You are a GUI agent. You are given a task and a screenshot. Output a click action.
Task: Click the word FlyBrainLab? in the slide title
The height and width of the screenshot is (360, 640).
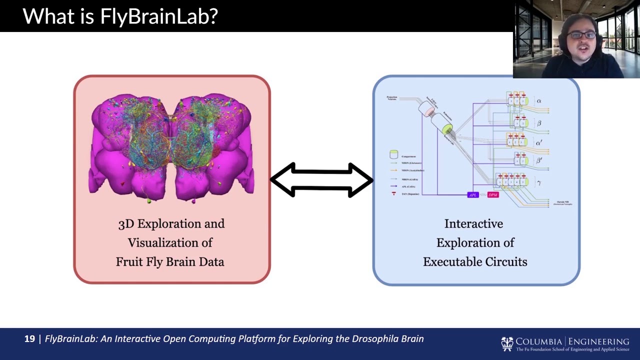tap(159, 16)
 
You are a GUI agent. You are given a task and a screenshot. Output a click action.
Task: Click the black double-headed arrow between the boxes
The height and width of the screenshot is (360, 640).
tap(321, 180)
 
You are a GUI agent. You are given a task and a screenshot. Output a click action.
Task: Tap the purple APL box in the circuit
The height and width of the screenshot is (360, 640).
tap(472, 194)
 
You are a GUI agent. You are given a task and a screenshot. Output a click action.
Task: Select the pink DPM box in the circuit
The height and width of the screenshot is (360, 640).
tap(493, 194)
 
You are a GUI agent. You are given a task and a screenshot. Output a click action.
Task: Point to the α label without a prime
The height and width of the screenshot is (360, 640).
tap(539, 101)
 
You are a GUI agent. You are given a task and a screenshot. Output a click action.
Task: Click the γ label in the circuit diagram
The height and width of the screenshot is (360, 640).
tap(539, 183)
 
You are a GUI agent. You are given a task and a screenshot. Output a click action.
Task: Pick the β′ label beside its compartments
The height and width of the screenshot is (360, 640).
tap(539, 160)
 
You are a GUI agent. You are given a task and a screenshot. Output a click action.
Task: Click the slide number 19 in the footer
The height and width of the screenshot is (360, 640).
tap(29, 339)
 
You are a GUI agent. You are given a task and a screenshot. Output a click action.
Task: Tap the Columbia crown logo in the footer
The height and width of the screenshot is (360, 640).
tap(507, 344)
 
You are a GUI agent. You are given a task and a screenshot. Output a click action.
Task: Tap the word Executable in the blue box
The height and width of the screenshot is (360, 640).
tap(454, 261)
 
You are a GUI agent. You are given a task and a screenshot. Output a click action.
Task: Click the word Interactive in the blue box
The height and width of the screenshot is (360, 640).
tap(473, 223)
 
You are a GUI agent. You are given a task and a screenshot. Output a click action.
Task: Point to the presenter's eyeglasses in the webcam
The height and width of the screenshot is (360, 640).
tap(582, 35)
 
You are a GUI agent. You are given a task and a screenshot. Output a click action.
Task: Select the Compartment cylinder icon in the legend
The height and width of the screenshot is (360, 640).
tap(393, 155)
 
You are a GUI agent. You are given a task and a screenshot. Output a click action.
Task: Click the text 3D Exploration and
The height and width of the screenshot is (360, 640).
tap(171, 223)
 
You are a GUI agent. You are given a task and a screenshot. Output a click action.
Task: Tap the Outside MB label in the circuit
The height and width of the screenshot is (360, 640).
tap(562, 202)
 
